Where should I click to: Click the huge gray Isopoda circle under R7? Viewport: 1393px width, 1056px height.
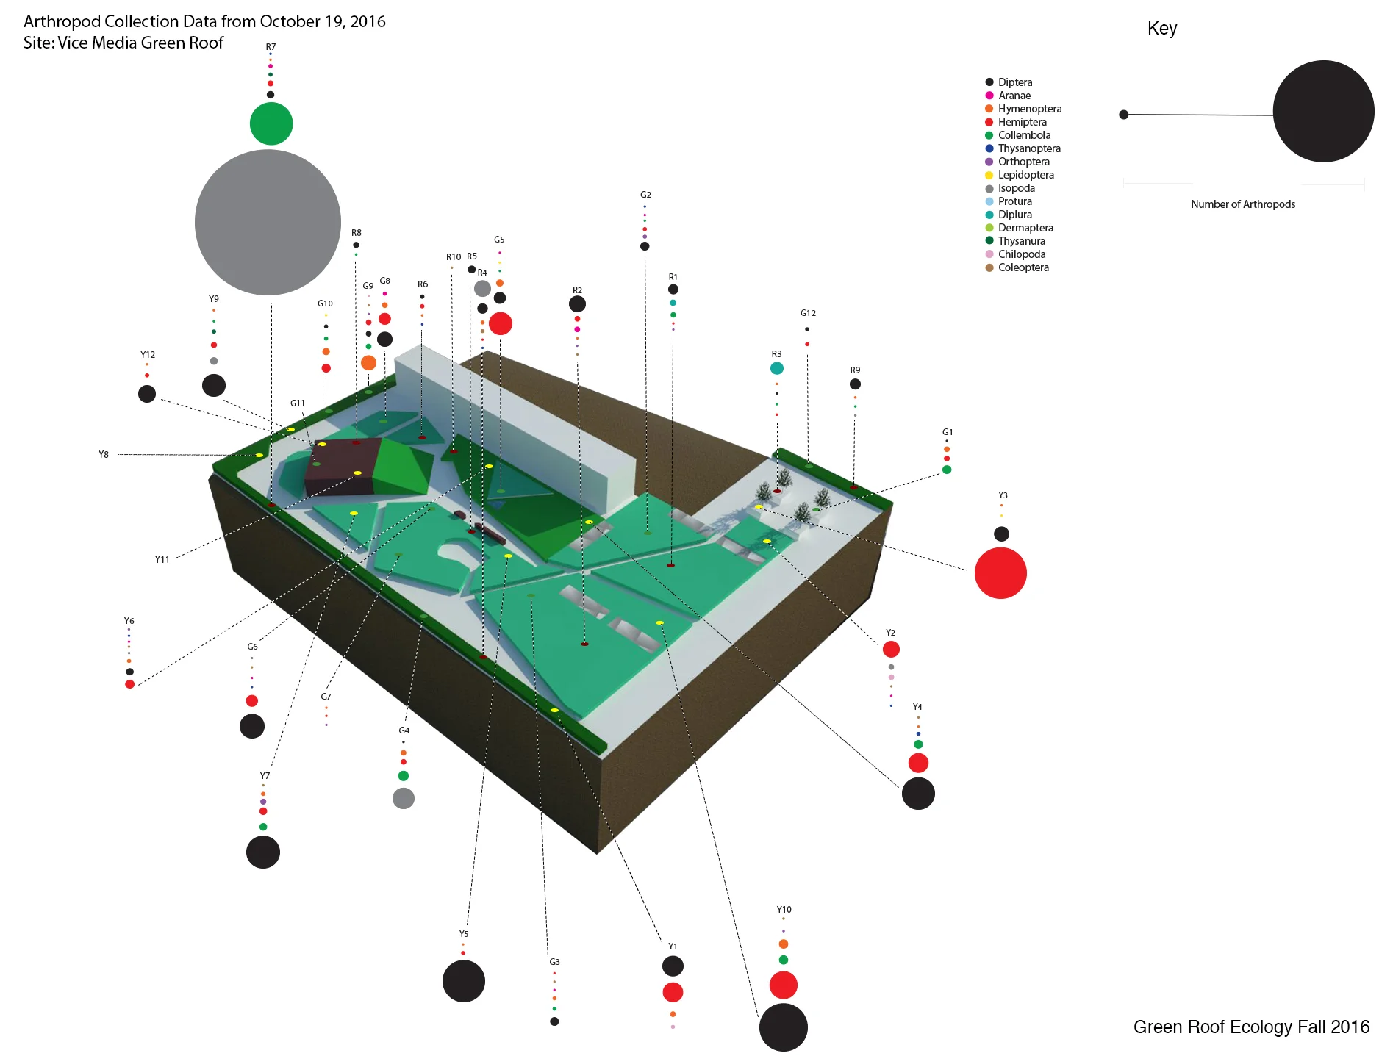pos(268,222)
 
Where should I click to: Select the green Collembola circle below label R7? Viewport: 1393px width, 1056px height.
pos(271,123)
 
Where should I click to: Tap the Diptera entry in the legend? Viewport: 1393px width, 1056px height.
pos(1014,82)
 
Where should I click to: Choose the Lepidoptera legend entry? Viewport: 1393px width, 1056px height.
pos(1025,175)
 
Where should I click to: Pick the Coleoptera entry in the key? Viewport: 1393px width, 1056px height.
pos(1023,267)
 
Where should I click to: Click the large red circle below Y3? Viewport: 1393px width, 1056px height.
pos(1000,573)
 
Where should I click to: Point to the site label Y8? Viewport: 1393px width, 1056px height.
pos(104,455)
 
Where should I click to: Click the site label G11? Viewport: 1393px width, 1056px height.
pos(298,403)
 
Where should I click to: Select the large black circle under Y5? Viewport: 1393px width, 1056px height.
pos(464,980)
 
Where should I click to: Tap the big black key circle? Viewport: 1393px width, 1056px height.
pos(1323,112)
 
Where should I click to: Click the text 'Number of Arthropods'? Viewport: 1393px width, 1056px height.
pos(1243,204)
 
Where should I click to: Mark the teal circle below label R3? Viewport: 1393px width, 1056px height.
pos(777,368)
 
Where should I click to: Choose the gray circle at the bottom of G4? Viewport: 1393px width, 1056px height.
pos(404,798)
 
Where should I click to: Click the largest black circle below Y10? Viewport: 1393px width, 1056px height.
pos(783,1027)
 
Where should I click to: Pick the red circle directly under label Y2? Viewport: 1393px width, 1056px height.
pos(891,649)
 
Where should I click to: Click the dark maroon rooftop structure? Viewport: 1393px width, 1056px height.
pos(340,467)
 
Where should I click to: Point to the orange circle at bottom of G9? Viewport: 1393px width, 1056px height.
pos(368,362)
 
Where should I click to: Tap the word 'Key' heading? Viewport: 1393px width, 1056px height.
pos(1162,29)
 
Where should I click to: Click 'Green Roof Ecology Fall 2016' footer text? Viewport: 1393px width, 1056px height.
pos(1251,1027)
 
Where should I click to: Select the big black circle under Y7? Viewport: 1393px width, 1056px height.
pos(263,852)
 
